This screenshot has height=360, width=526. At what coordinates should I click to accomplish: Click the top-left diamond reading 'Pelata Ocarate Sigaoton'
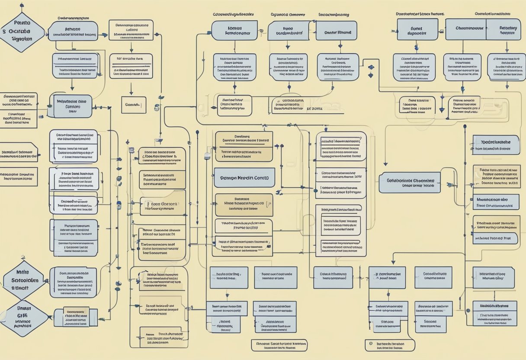tap(22, 32)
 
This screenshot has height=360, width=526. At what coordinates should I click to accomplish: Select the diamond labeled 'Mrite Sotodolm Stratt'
tap(24, 280)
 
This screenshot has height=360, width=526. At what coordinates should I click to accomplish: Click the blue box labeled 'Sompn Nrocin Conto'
tap(244, 178)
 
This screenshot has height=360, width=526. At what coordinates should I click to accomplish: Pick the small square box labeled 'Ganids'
tap(134, 105)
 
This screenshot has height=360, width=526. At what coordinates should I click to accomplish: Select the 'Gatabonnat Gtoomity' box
tap(409, 183)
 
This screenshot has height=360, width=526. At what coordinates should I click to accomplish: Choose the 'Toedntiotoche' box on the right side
tap(495, 145)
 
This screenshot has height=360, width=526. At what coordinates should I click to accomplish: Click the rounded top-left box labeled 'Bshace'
tap(73, 31)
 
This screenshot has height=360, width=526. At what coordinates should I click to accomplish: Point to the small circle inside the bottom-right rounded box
tap(370, 344)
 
